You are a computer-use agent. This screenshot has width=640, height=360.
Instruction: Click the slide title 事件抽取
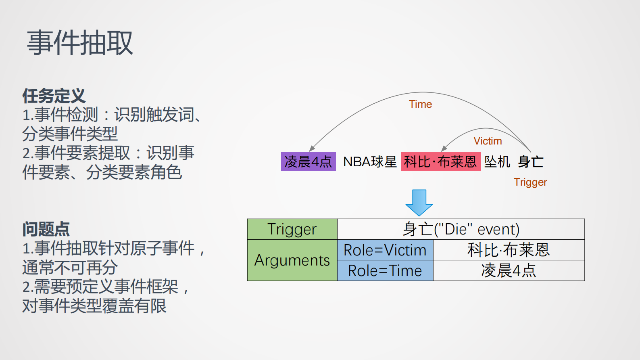pos(80,43)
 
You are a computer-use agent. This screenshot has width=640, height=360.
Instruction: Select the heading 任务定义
pos(54,96)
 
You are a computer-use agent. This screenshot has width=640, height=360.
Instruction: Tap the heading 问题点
pos(46,229)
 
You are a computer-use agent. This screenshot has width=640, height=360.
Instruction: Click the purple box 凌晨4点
pos(308,162)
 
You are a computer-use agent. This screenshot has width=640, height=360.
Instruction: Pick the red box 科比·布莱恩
pos(440,162)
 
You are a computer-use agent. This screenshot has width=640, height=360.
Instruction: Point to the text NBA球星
pos(370,162)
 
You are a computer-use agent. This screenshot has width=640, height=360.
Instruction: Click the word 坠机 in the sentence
pos(497,162)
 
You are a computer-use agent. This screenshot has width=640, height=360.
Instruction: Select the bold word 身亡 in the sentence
pos(531,162)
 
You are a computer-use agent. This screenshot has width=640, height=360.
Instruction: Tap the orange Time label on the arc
pos(420,104)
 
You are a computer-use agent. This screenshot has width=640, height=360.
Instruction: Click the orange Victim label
pos(488,141)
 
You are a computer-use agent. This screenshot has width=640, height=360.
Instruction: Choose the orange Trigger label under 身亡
pos(530,182)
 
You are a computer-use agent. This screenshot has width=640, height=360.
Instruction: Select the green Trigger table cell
pos(292,229)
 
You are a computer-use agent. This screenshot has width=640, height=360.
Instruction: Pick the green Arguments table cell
pos(292,260)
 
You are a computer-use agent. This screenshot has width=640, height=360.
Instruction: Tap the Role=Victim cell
pos(385,250)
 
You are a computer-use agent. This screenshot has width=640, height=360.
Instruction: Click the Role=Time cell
pos(385,271)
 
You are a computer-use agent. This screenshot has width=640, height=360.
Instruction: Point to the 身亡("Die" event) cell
pos(461,229)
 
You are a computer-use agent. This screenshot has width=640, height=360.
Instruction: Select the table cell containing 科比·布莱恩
pos(509,250)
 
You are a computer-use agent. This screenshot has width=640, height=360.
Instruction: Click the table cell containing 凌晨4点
pos(509,271)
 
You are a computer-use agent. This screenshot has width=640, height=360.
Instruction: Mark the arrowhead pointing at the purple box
pos(312,149)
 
